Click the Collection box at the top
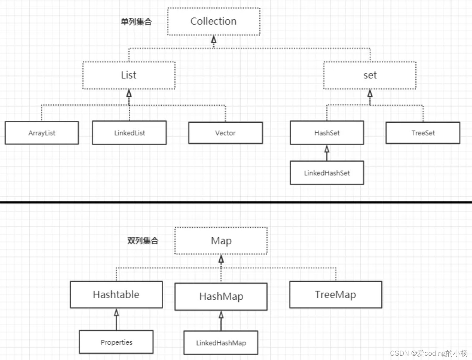214,22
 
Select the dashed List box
129,75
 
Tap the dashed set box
370,75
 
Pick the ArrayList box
42,133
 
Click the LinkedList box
129,133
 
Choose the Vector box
225,133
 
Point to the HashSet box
327,133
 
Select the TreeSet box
423,133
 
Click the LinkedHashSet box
327,173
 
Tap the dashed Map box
221,241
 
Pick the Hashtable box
116,295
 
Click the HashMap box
221,296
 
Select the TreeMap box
336,295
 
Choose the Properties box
116,342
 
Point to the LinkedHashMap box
221,343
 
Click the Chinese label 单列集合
136,22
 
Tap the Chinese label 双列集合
143,241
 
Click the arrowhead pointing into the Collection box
214,40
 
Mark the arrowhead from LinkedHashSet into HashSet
327,149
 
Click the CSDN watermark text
429,353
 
